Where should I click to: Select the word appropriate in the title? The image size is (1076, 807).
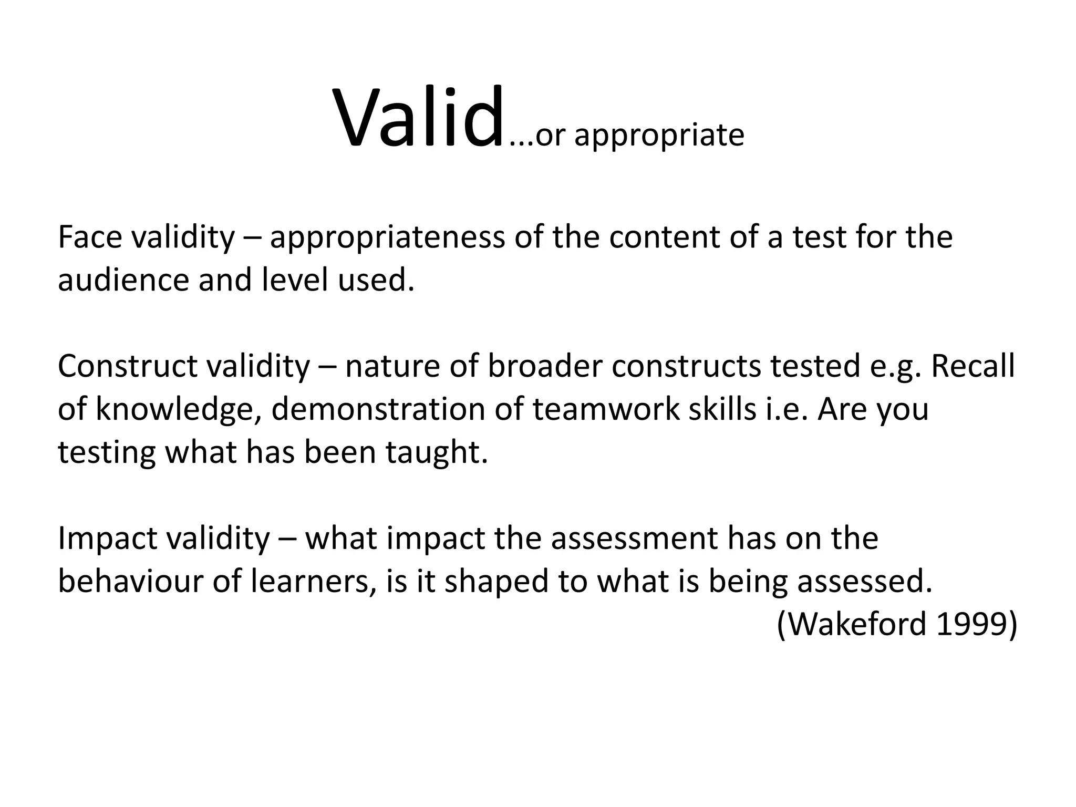[659, 136]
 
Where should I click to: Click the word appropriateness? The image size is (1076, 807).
[387, 238]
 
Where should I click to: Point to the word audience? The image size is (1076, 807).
[123, 280]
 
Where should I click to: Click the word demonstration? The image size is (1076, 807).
[378, 409]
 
